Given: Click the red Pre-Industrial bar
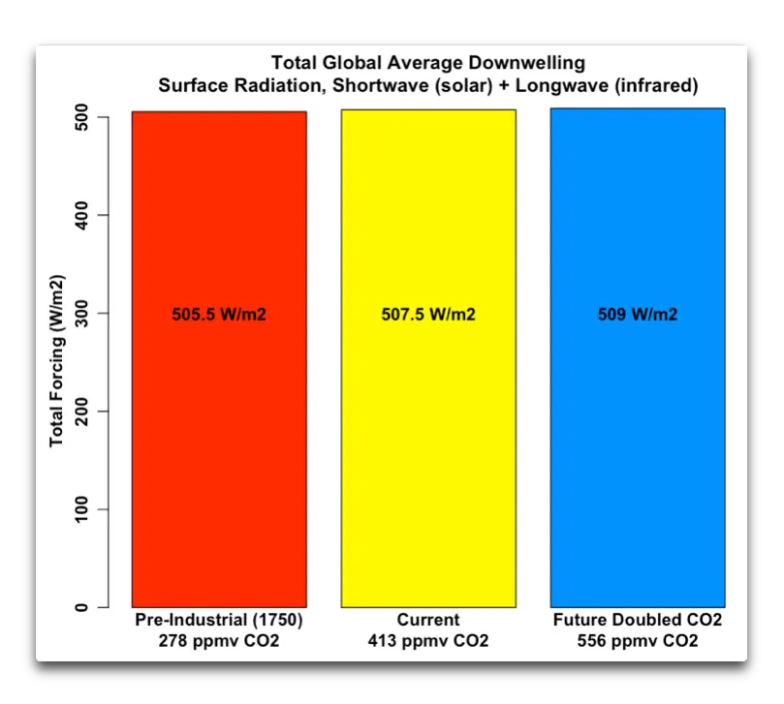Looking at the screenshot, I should tap(219, 436).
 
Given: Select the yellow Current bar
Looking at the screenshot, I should tap(428, 436).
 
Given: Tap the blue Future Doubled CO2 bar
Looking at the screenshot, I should tap(638, 436).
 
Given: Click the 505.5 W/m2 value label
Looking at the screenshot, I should tap(219, 315).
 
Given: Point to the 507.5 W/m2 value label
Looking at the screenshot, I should tap(428, 315).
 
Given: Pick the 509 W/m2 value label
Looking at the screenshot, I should tap(638, 315).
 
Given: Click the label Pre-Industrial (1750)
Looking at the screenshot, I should tap(219, 620).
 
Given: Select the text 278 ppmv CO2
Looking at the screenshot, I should tap(219, 641).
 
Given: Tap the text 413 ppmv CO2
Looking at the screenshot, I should tap(428, 641).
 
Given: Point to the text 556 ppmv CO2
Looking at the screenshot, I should tap(638, 641).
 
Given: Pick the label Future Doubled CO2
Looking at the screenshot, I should tap(638, 620).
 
